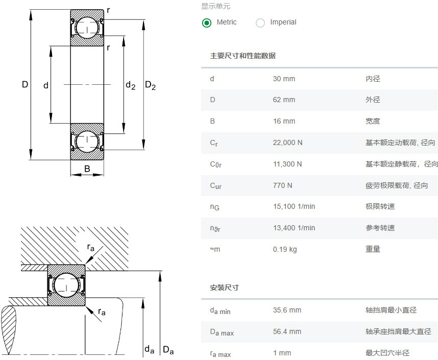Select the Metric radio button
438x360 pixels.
[x=207, y=22]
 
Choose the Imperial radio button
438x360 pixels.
[x=260, y=22]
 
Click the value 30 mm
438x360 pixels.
[x=284, y=79]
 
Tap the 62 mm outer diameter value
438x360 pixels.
[x=284, y=100]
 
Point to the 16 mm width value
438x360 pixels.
[x=284, y=122]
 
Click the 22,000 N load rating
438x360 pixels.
[x=287, y=143]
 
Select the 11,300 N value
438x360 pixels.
[x=287, y=164]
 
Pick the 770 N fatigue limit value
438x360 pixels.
[x=282, y=185]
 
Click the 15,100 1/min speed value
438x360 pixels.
[x=294, y=206]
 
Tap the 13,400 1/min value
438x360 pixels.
[x=294, y=228]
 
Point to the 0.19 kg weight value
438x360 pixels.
[x=285, y=249]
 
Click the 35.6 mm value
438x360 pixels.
[x=287, y=310]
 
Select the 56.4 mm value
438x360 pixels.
[x=287, y=331]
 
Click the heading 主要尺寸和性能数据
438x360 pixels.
[x=243, y=56]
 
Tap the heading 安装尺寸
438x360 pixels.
[x=224, y=287]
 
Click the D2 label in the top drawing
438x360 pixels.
[x=150, y=85]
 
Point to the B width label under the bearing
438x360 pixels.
[x=87, y=169]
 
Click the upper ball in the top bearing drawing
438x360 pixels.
[x=87, y=28]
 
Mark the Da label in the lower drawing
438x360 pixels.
[x=168, y=350]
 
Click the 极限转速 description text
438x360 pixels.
[x=380, y=206]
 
